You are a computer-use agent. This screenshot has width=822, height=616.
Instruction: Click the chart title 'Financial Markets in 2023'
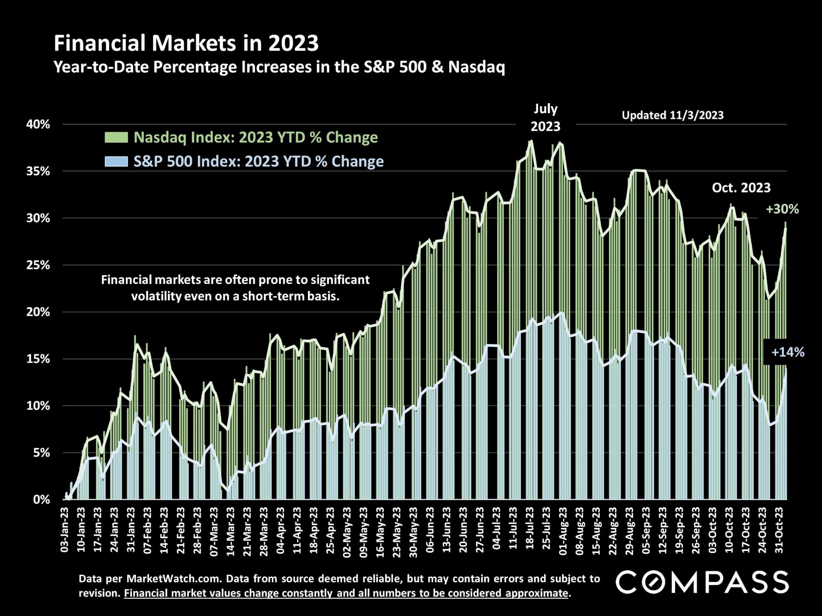click(x=186, y=44)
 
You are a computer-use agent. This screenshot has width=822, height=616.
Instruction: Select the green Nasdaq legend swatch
click(x=116, y=137)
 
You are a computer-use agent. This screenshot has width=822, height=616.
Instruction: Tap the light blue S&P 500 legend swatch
click(x=116, y=161)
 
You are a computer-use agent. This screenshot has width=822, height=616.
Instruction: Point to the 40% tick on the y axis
click(x=38, y=124)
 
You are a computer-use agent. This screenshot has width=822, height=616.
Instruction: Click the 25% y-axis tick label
click(x=38, y=265)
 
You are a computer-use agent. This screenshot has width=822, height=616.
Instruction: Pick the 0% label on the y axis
click(x=42, y=500)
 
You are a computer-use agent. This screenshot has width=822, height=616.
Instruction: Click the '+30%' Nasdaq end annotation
click(x=782, y=209)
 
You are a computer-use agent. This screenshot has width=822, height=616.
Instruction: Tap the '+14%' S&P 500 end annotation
click(x=787, y=352)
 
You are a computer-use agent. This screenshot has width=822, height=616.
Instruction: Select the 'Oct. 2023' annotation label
click(x=741, y=188)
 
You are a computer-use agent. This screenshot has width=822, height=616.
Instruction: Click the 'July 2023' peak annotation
click(x=545, y=118)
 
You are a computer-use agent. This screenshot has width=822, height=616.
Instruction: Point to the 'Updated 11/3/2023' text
click(x=673, y=115)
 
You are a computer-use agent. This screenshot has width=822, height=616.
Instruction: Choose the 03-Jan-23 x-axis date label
click(x=65, y=530)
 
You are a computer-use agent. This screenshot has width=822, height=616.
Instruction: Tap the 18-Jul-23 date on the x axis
click(x=530, y=530)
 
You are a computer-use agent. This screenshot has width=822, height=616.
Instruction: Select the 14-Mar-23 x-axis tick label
click(x=231, y=530)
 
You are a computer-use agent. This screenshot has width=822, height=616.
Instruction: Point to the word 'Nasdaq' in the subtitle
click(x=477, y=67)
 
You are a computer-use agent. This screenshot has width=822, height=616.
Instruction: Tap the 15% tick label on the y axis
click(x=38, y=359)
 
